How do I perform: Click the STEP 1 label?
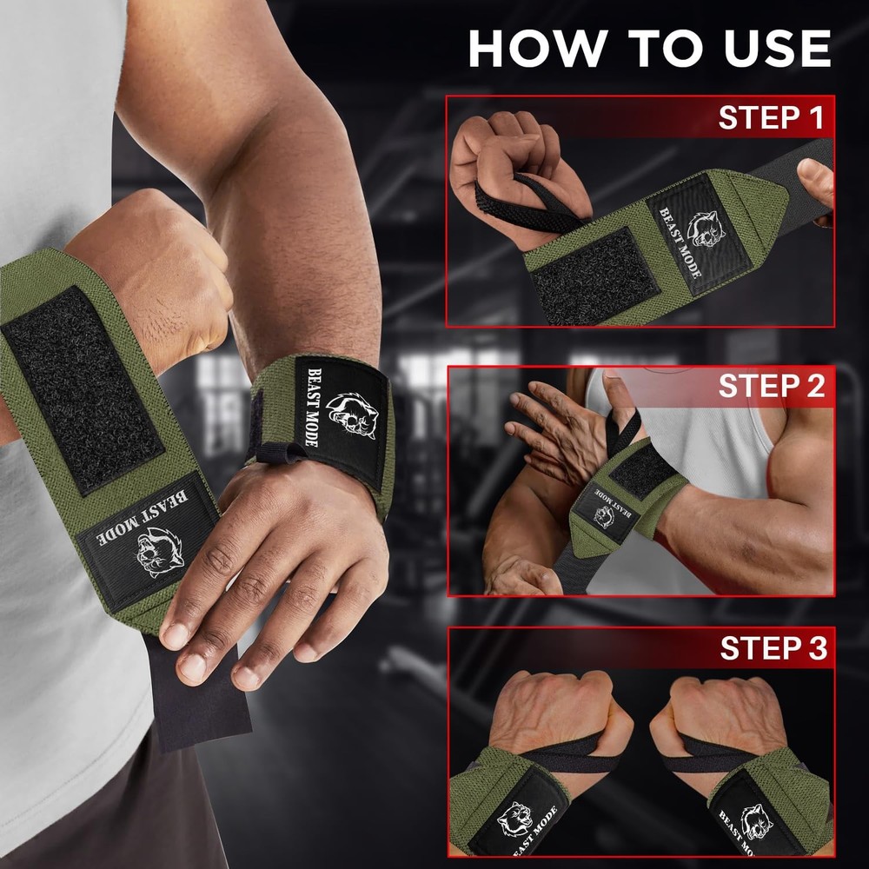click(770, 117)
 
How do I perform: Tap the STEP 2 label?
click(770, 387)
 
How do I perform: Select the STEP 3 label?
click(772, 648)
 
